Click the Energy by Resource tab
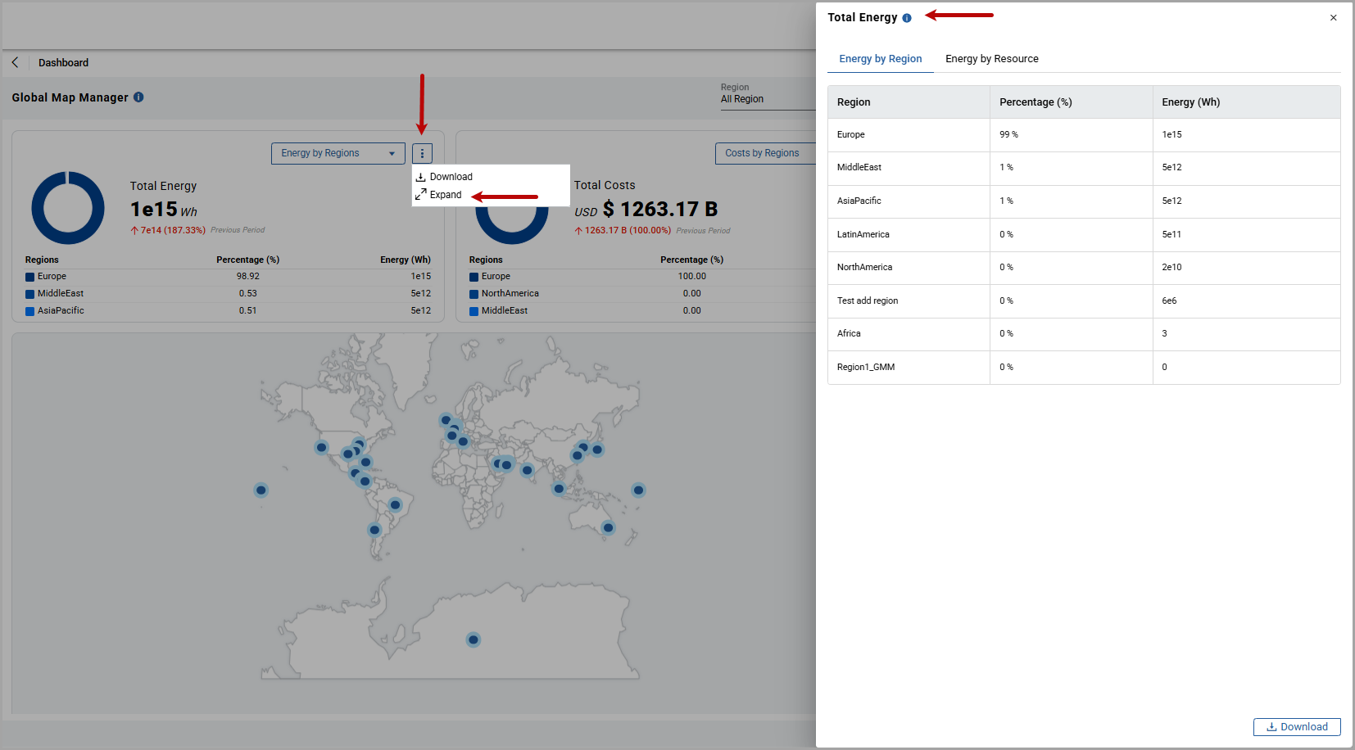tap(991, 59)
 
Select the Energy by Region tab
tap(880, 59)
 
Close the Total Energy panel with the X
tap(1333, 17)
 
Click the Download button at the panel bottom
tap(1296, 726)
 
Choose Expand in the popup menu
tap(445, 195)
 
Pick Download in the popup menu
tap(451, 177)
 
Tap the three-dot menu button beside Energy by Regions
tap(422, 153)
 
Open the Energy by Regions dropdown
tap(338, 153)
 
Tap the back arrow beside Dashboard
tap(15, 62)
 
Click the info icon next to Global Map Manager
tap(138, 97)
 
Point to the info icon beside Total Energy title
tap(907, 18)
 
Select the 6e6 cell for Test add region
tap(1169, 300)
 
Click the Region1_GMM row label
tap(866, 367)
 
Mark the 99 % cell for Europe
tap(1008, 134)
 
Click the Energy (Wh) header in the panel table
tap(1190, 102)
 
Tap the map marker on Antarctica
tap(473, 639)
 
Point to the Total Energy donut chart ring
tap(37, 208)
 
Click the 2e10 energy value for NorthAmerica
tap(1171, 267)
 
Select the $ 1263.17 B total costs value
tap(660, 209)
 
